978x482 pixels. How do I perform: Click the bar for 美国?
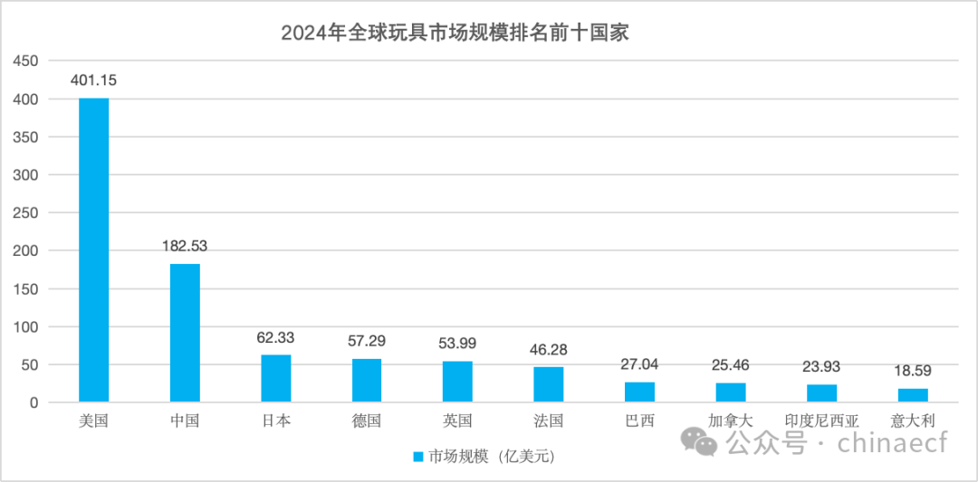[94, 250]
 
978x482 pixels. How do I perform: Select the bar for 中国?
[185, 333]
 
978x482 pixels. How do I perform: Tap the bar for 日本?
[276, 378]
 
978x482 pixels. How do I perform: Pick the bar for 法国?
[549, 384]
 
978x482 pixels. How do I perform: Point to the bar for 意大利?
[913, 395]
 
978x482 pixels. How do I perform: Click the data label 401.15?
[94, 80]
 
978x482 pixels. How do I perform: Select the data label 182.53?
[185, 246]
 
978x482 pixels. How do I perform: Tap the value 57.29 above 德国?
[367, 342]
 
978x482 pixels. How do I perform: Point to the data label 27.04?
[639, 364]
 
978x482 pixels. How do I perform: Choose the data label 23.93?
[821, 367]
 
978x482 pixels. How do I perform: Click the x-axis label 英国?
[457, 421]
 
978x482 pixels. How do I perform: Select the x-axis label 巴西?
[639, 421]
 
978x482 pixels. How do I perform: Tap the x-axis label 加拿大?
[731, 421]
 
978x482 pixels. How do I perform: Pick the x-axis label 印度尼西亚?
[821, 421]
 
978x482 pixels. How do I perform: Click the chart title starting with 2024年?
[455, 33]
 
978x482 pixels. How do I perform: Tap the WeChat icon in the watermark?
[701, 442]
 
